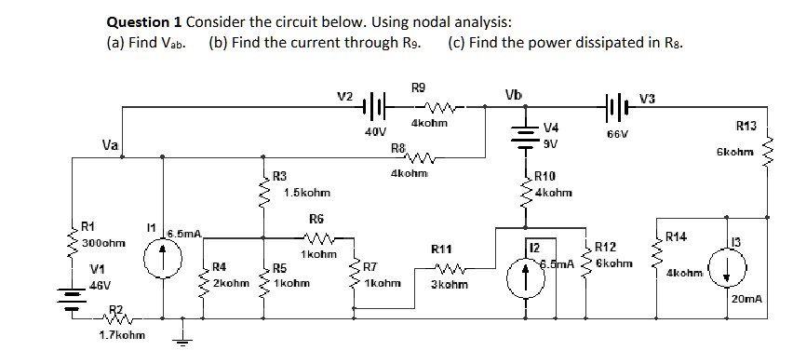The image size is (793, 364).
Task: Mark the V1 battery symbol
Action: (x=72, y=298)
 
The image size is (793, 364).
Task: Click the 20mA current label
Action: (x=747, y=299)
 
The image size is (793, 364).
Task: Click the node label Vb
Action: (x=511, y=95)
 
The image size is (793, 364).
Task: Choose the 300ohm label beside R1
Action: (x=99, y=242)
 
